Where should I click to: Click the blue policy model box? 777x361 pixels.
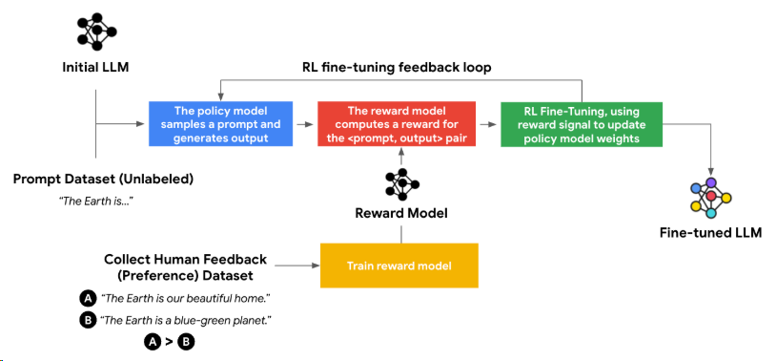pos(220,124)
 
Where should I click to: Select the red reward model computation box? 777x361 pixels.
pos(397,124)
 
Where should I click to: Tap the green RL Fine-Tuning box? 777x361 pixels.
pos(582,124)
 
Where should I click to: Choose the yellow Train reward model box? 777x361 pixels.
pos(399,265)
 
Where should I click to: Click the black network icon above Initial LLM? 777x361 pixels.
pos(96,32)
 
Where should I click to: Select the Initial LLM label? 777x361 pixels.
pos(95,67)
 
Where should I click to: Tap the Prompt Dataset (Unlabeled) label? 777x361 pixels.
pos(103,180)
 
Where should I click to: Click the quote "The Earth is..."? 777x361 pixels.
pos(96,202)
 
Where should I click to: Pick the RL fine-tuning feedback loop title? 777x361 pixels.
pos(397,68)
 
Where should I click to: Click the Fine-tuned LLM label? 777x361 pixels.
pos(710,233)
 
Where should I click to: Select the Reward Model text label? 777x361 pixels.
pos(401,214)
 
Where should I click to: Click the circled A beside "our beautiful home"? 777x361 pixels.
pos(88,299)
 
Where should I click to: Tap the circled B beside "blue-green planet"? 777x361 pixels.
pos(88,321)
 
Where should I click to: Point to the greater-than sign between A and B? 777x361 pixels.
pos(169,342)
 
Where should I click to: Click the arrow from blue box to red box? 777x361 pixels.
pos(305,124)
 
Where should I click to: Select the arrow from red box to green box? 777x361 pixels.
pos(488,124)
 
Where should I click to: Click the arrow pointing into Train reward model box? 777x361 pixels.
pos(296,265)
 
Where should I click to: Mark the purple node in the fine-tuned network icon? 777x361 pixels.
pos(711,182)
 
